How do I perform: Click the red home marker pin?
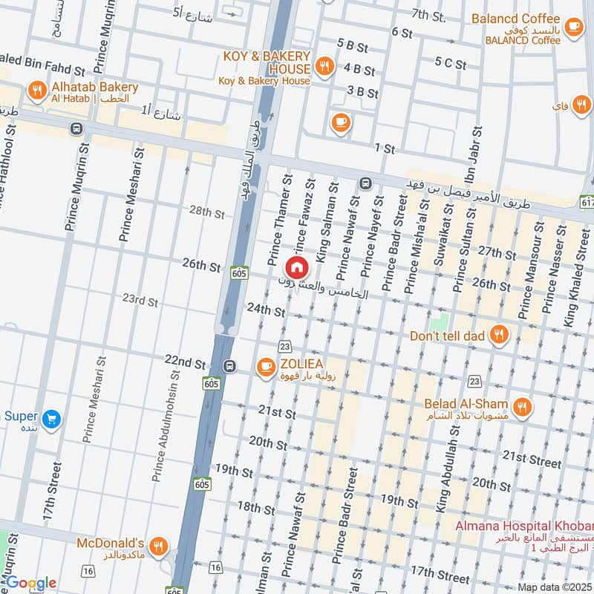pos(296,267)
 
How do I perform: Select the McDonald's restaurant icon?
pos(157,548)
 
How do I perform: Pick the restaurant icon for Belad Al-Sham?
pos(523,407)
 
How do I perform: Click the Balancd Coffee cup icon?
pos(573,27)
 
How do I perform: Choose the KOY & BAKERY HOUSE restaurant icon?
pos(324,67)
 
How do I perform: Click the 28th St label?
pos(206,212)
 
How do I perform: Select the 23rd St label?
pos(140,301)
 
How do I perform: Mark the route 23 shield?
pos(284,346)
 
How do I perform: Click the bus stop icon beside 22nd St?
pos(229,366)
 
